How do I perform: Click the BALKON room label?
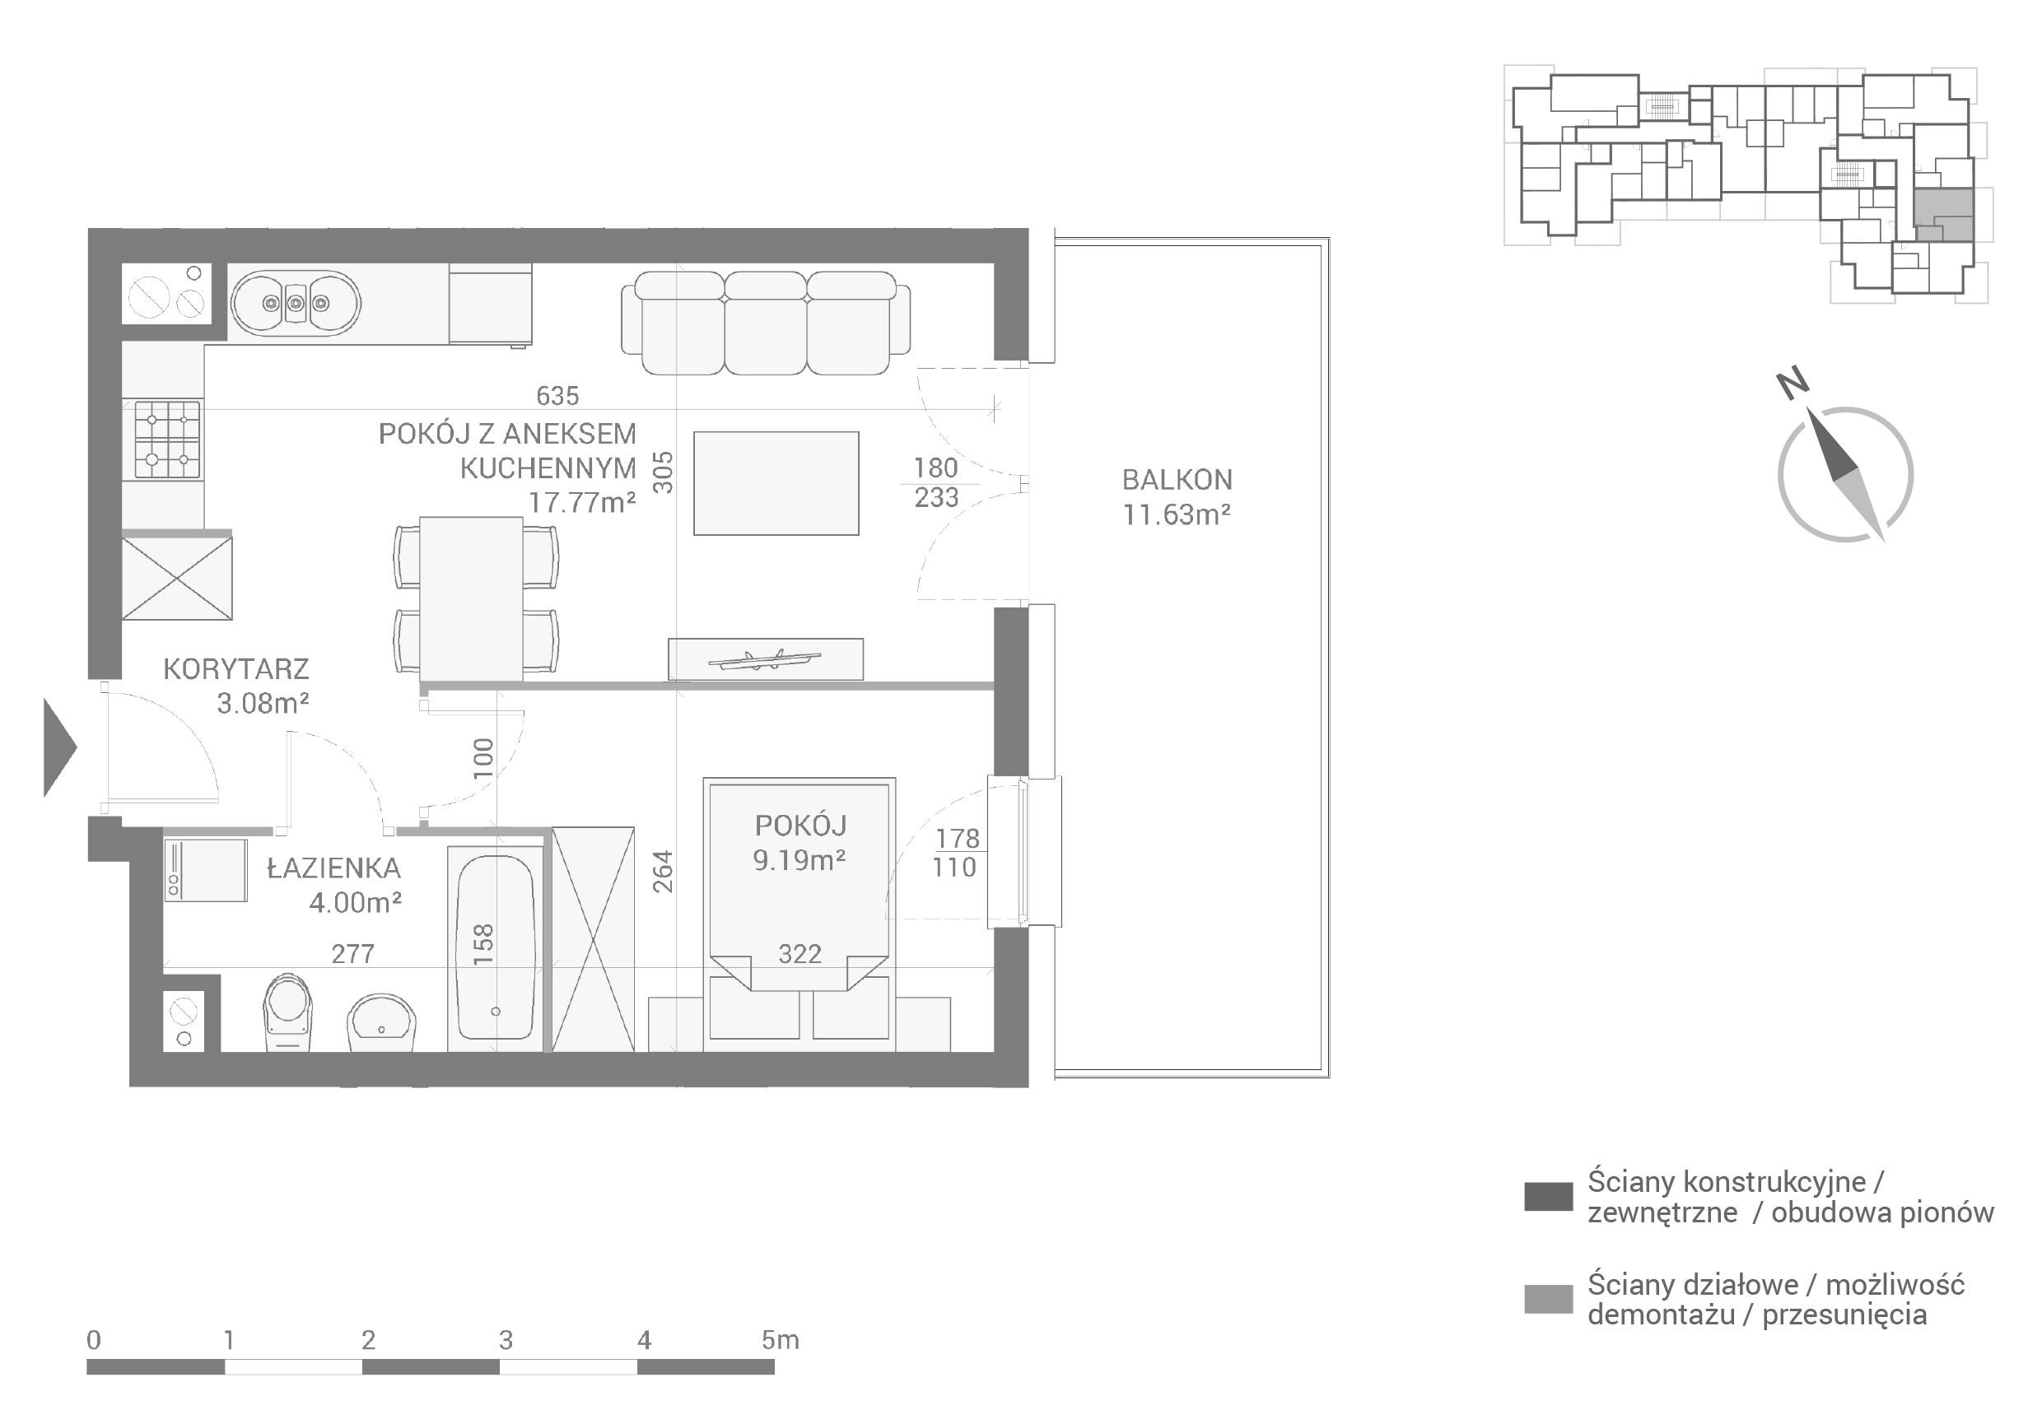[1177, 480]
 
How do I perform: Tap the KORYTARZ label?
[236, 668]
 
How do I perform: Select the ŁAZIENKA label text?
[334, 868]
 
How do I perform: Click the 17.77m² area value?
[582, 503]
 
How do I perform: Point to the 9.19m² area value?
[800, 859]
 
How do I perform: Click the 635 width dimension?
[557, 396]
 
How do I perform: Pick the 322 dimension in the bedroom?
[800, 953]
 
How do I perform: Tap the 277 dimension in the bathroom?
[352, 953]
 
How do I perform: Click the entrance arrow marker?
[60, 747]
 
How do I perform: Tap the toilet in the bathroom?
[289, 1012]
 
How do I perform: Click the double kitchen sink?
[296, 304]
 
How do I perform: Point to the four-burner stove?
[167, 439]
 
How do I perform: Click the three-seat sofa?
[765, 323]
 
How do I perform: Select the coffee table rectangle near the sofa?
[776, 483]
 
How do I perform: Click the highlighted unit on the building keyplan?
[1943, 215]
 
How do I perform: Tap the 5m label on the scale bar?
[781, 1340]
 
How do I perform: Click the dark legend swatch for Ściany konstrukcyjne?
[1549, 1197]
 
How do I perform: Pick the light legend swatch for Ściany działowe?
[1549, 1300]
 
